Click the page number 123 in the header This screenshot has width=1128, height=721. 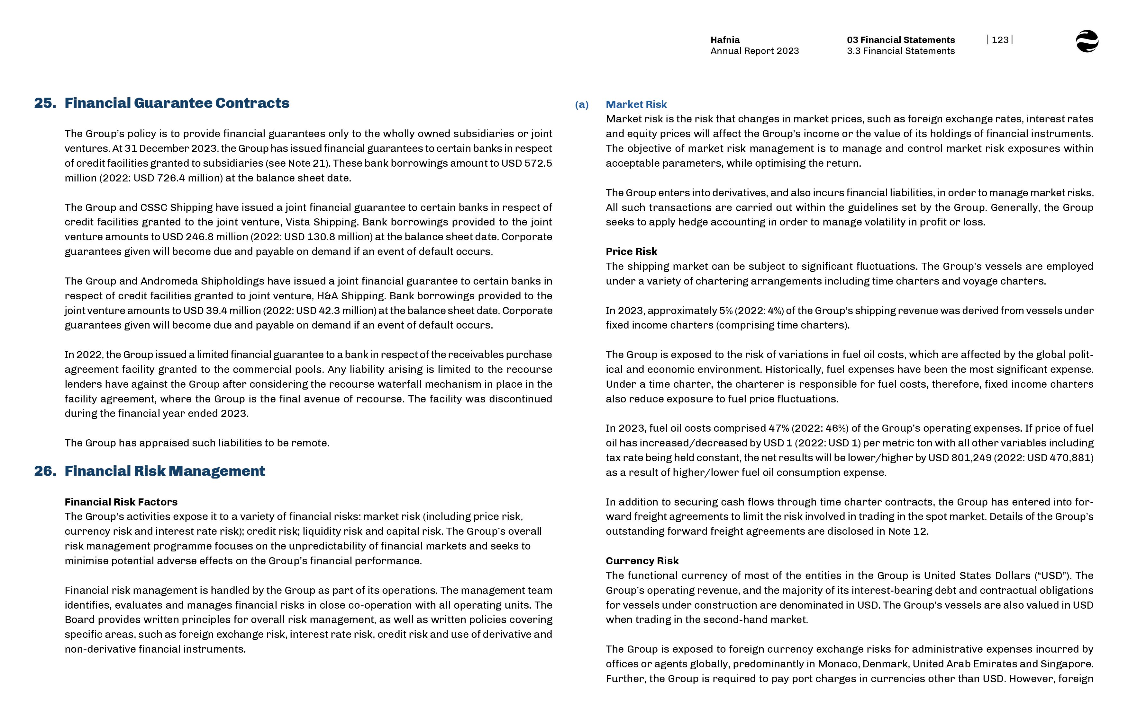click(1000, 40)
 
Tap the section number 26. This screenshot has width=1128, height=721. click(45, 471)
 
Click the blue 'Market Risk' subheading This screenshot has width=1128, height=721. click(636, 104)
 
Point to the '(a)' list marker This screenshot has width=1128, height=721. click(582, 104)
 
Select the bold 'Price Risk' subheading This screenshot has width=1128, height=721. click(631, 251)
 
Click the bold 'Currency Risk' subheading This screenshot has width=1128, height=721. click(642, 561)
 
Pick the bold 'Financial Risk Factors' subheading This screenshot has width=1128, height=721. click(121, 502)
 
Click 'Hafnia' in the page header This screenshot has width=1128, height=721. click(725, 40)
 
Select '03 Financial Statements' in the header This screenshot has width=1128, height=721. click(900, 40)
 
